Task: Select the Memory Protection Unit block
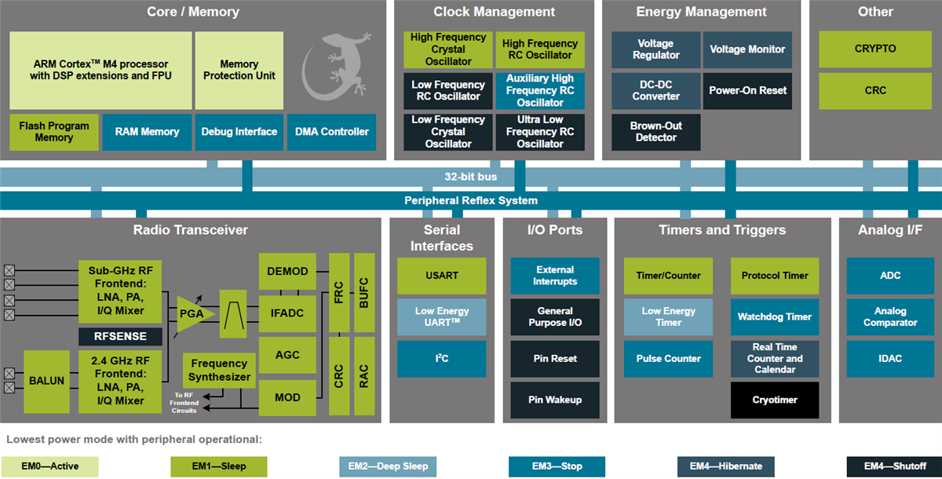[x=239, y=70]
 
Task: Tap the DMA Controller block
[x=331, y=132]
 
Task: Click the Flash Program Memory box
[x=54, y=132]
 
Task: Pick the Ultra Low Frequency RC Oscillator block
[x=540, y=132]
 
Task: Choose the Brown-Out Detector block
[x=656, y=132]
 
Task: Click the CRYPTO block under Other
[x=874, y=49]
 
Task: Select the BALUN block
[x=47, y=382]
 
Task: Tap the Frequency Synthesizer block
[x=219, y=371]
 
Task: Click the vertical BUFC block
[x=364, y=292]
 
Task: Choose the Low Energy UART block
[x=441, y=316]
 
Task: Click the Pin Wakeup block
[x=555, y=400]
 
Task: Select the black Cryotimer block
[x=775, y=400]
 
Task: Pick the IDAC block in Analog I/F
[x=890, y=358]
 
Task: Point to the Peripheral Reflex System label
[x=471, y=200]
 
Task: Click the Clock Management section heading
[x=494, y=12]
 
